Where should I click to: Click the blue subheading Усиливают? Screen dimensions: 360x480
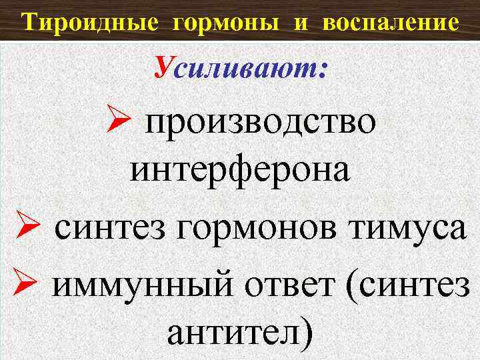pos(241,68)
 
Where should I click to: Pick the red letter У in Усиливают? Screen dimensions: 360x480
pos(164,67)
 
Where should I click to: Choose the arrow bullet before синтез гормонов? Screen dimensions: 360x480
pos(22,229)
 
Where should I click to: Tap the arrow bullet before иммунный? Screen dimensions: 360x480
pos(22,286)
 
